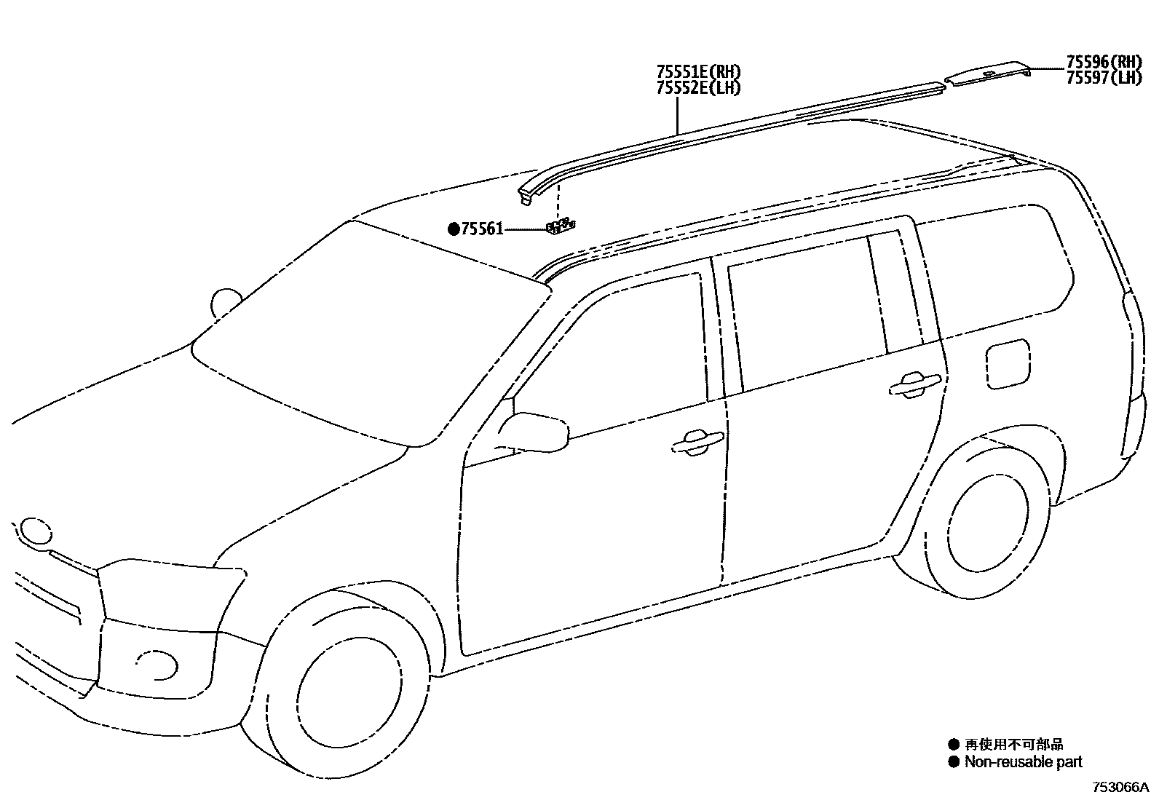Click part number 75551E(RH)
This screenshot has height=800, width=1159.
698,72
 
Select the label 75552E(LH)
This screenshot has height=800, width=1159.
698,88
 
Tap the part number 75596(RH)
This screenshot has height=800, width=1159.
1104,62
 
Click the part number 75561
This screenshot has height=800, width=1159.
482,229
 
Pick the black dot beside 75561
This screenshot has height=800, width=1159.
454,229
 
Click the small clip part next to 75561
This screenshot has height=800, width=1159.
560,227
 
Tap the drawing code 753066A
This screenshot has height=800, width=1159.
1120,788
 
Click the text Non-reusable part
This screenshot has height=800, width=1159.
1023,762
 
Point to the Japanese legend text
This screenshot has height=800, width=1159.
1014,744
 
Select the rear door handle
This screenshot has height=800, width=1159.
915,384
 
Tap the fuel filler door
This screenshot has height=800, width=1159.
1008,363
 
